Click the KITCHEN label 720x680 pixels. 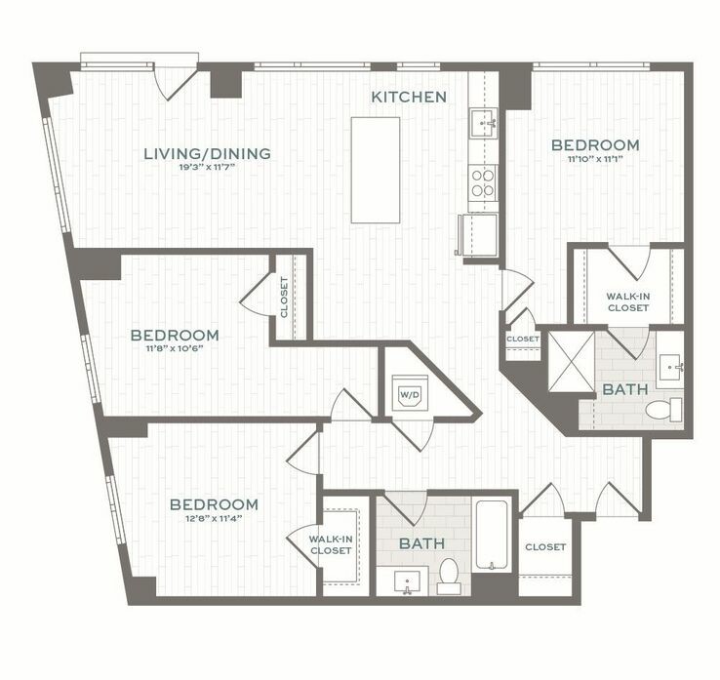click(x=409, y=97)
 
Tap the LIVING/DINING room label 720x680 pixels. click(x=207, y=153)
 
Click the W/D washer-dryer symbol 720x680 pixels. click(x=408, y=395)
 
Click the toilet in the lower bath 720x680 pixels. click(x=449, y=576)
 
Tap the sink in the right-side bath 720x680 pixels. click(x=670, y=367)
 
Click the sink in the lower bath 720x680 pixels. click(x=408, y=582)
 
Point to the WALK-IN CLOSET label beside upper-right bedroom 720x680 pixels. click(x=628, y=301)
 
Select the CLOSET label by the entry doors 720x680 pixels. click(x=545, y=547)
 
